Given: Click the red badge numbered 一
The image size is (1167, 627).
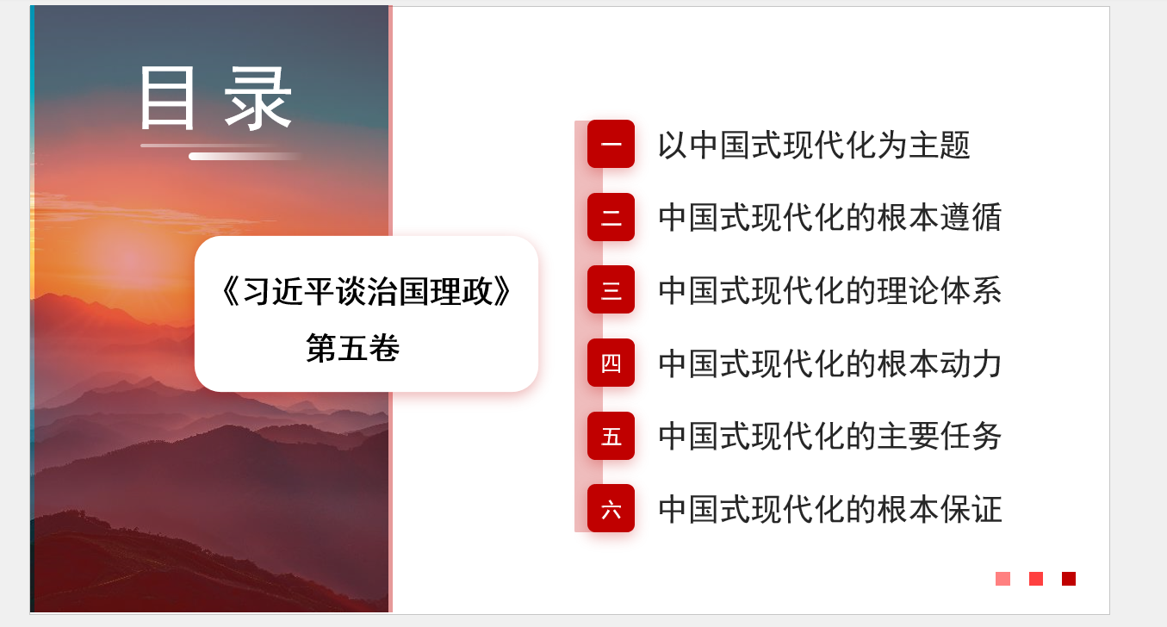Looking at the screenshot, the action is click(611, 144).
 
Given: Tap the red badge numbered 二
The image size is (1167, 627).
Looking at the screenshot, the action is click(611, 217).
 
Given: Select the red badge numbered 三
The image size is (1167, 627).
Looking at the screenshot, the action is click(611, 289).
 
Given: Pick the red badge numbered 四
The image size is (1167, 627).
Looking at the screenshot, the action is click(611, 363).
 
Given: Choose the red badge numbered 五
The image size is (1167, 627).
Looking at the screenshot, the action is click(611, 436).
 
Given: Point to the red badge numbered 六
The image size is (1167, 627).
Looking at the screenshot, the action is click(611, 508).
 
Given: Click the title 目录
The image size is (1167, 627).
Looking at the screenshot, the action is click(215, 98).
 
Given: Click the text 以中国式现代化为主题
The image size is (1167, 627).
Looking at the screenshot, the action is click(814, 145).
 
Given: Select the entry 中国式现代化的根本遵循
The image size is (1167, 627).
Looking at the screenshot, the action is click(830, 217).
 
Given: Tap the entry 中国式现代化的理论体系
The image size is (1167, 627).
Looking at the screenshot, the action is click(830, 290).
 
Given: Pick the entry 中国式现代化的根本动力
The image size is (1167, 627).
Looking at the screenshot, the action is click(830, 363).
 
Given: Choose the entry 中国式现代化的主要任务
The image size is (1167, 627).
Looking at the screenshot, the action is click(830, 437).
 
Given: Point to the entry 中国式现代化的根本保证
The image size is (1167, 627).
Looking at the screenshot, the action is click(830, 509).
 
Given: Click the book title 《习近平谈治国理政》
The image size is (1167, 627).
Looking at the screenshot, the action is click(366, 291).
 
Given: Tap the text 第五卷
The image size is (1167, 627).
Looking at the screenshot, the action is click(353, 348).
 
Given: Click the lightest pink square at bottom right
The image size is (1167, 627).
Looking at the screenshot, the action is click(1003, 579).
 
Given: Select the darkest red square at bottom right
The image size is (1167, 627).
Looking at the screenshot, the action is click(1069, 579).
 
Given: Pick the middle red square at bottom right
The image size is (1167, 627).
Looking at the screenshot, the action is click(1036, 579).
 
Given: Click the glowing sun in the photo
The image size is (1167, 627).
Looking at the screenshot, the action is click(127, 259).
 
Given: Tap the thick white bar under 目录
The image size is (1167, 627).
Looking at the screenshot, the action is click(245, 157).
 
